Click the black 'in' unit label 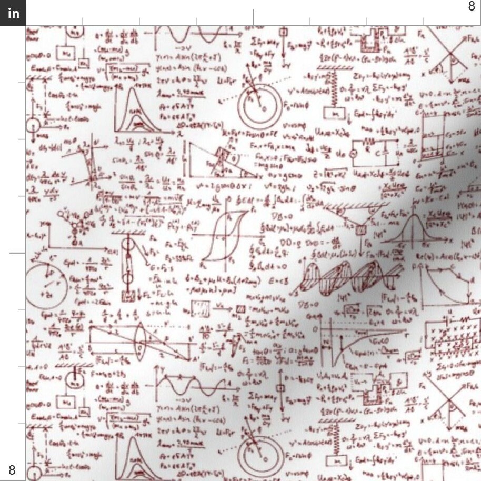coord(13,13)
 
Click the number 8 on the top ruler coord(472,6)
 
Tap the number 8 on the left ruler coord(12,469)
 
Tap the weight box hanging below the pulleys coord(126,296)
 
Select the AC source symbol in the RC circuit coord(354,153)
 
